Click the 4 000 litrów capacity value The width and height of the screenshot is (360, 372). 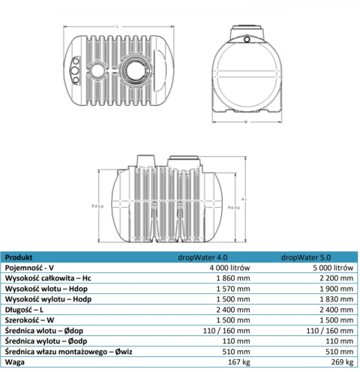click(228, 266)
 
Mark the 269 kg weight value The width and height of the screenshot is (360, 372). click(339, 361)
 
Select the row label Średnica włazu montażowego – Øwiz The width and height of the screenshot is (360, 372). click(67, 350)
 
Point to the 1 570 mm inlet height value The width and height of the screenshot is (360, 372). click(230, 287)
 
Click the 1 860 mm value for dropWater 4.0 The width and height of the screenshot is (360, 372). click(230, 277)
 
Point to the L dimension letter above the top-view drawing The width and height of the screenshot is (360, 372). click(117, 22)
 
